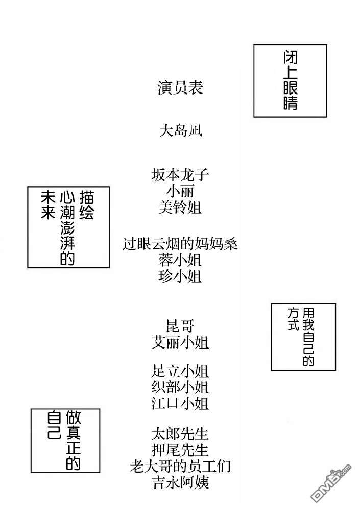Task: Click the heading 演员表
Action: [x=180, y=88]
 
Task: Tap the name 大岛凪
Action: [x=181, y=131]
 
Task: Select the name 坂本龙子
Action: [x=180, y=175]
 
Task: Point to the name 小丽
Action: [x=180, y=191]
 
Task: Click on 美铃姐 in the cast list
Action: [x=180, y=207]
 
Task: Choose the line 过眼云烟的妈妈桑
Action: [x=180, y=244]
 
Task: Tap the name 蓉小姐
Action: [x=180, y=260]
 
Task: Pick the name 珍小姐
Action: [x=180, y=276]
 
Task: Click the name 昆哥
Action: [x=180, y=326]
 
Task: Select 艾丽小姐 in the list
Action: [x=180, y=342]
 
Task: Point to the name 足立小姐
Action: [x=180, y=371]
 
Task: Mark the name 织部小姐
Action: [x=180, y=387]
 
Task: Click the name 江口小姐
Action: [x=180, y=404]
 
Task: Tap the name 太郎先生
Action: [x=180, y=434]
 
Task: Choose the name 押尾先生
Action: [x=180, y=450]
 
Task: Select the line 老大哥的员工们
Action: [x=180, y=467]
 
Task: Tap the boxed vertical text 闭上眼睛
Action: [x=290, y=80]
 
